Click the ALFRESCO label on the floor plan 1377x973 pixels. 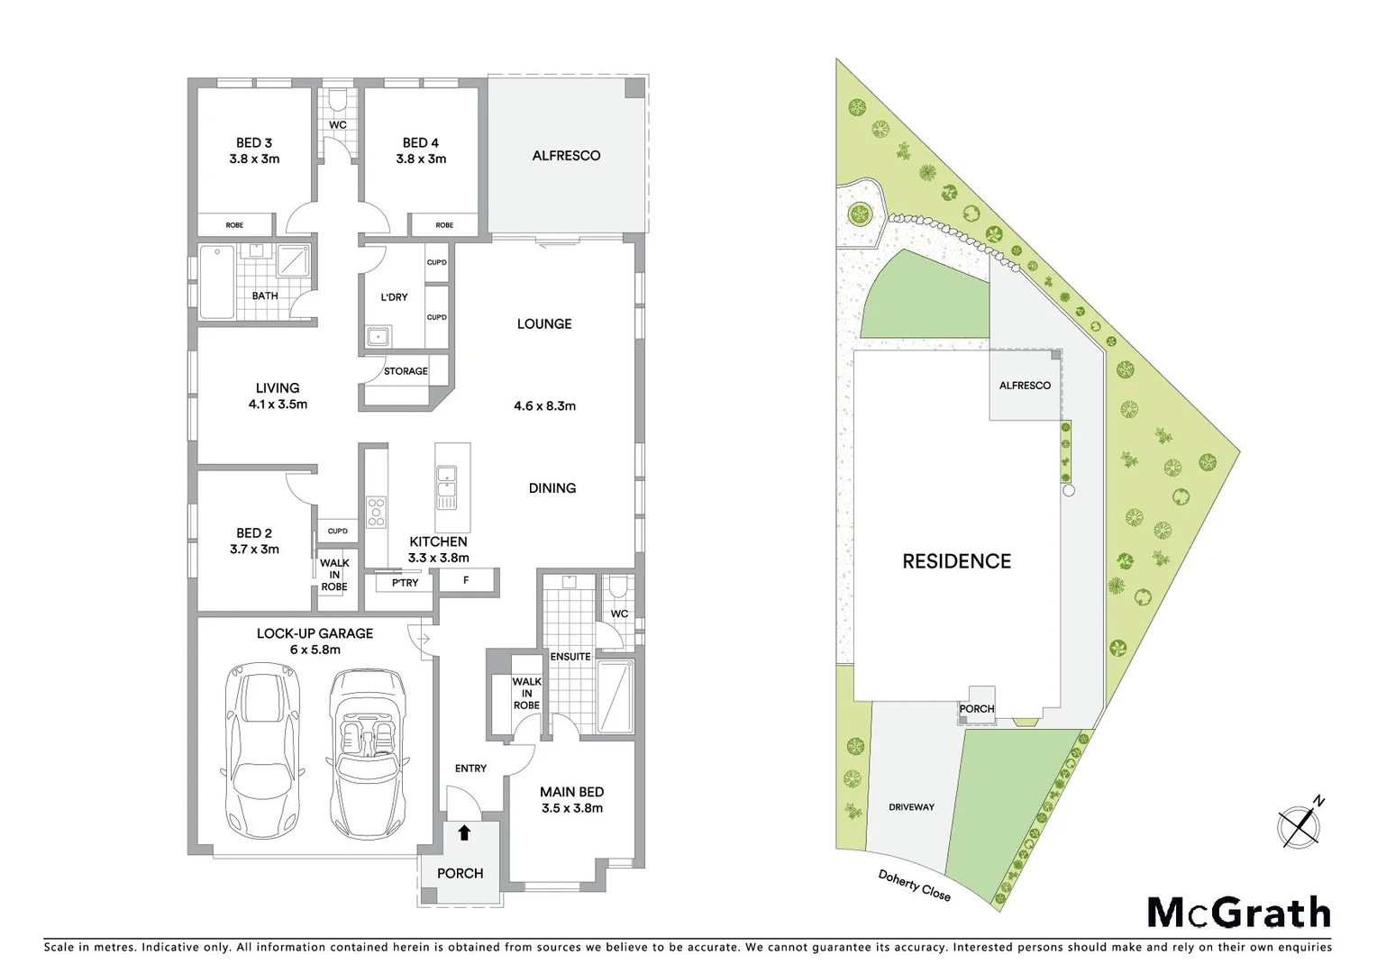click(x=566, y=156)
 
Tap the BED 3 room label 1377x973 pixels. click(x=254, y=142)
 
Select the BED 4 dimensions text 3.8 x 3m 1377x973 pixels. click(x=421, y=159)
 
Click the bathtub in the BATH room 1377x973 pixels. click(x=216, y=281)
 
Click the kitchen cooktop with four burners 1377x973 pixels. click(x=377, y=511)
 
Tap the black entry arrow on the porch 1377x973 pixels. click(x=464, y=832)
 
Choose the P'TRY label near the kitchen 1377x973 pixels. click(x=405, y=583)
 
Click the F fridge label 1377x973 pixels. click(x=466, y=580)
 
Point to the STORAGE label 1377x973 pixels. click(x=406, y=371)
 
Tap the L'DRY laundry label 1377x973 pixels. click(x=394, y=296)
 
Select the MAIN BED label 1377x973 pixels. click(x=571, y=792)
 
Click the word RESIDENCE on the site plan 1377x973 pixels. click(x=956, y=561)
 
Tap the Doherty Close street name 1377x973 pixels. click(x=914, y=886)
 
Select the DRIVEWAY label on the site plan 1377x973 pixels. click(x=911, y=807)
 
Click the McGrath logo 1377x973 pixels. click(x=1238, y=913)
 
